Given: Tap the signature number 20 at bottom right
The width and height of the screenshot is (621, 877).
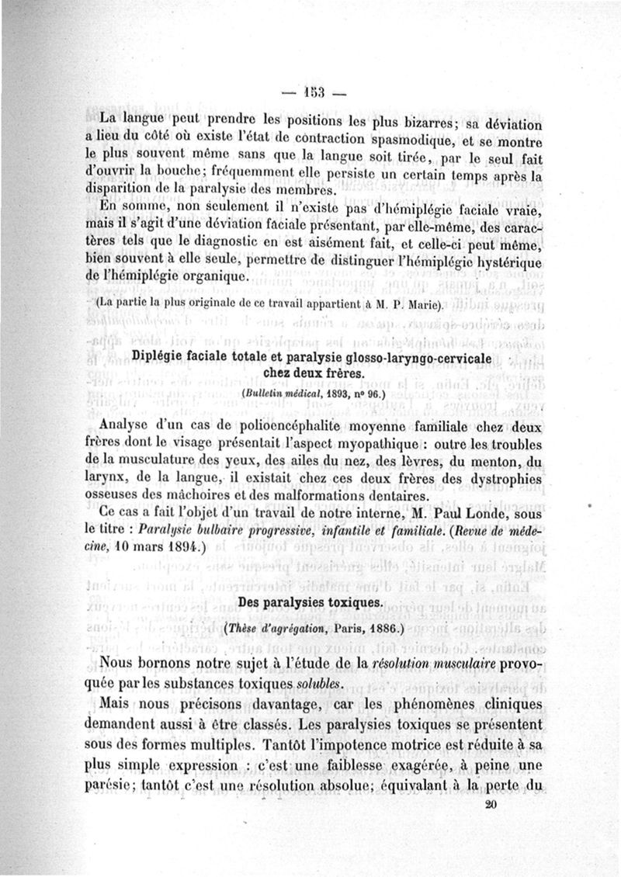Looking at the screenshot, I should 490,805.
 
